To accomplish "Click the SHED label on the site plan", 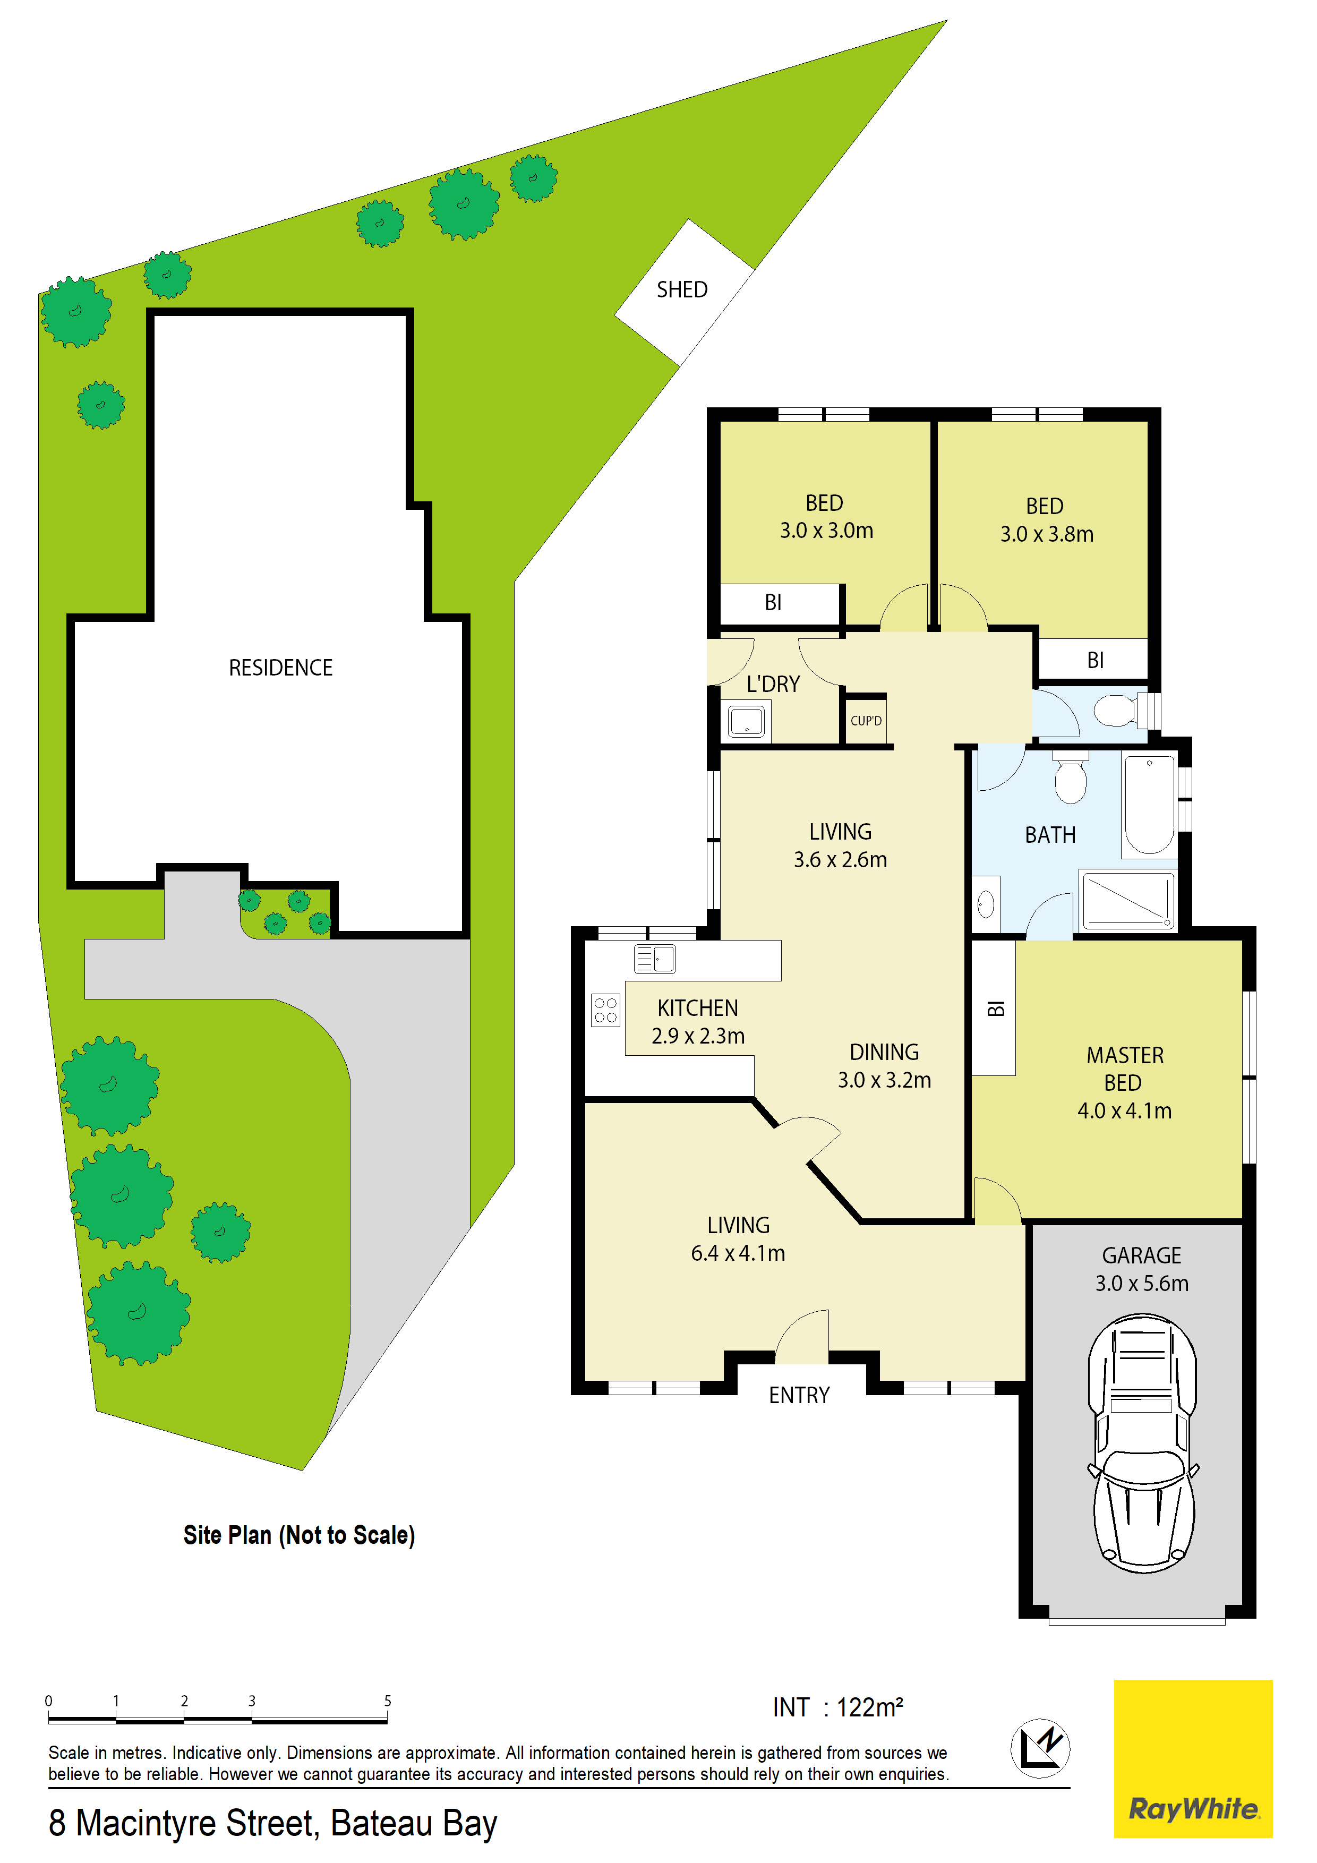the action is coord(682,289).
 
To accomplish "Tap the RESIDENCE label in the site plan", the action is coord(281,668).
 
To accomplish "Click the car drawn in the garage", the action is coord(1142,1443).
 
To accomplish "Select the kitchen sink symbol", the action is coord(654,959).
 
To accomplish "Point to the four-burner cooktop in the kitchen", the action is coord(605,1010).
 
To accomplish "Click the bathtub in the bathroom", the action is coord(1149,804).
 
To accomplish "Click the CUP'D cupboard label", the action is coord(866,721).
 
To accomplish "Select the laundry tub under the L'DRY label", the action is coord(746,721).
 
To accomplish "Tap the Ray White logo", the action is coord(1193,1758).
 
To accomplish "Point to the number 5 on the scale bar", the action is coord(388,1700).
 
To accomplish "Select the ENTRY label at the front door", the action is coord(799,1396).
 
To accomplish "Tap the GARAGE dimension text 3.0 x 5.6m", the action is coord(1142,1284).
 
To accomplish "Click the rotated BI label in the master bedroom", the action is coord(996,1009).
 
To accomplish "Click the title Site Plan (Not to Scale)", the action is coord(298,1535).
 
